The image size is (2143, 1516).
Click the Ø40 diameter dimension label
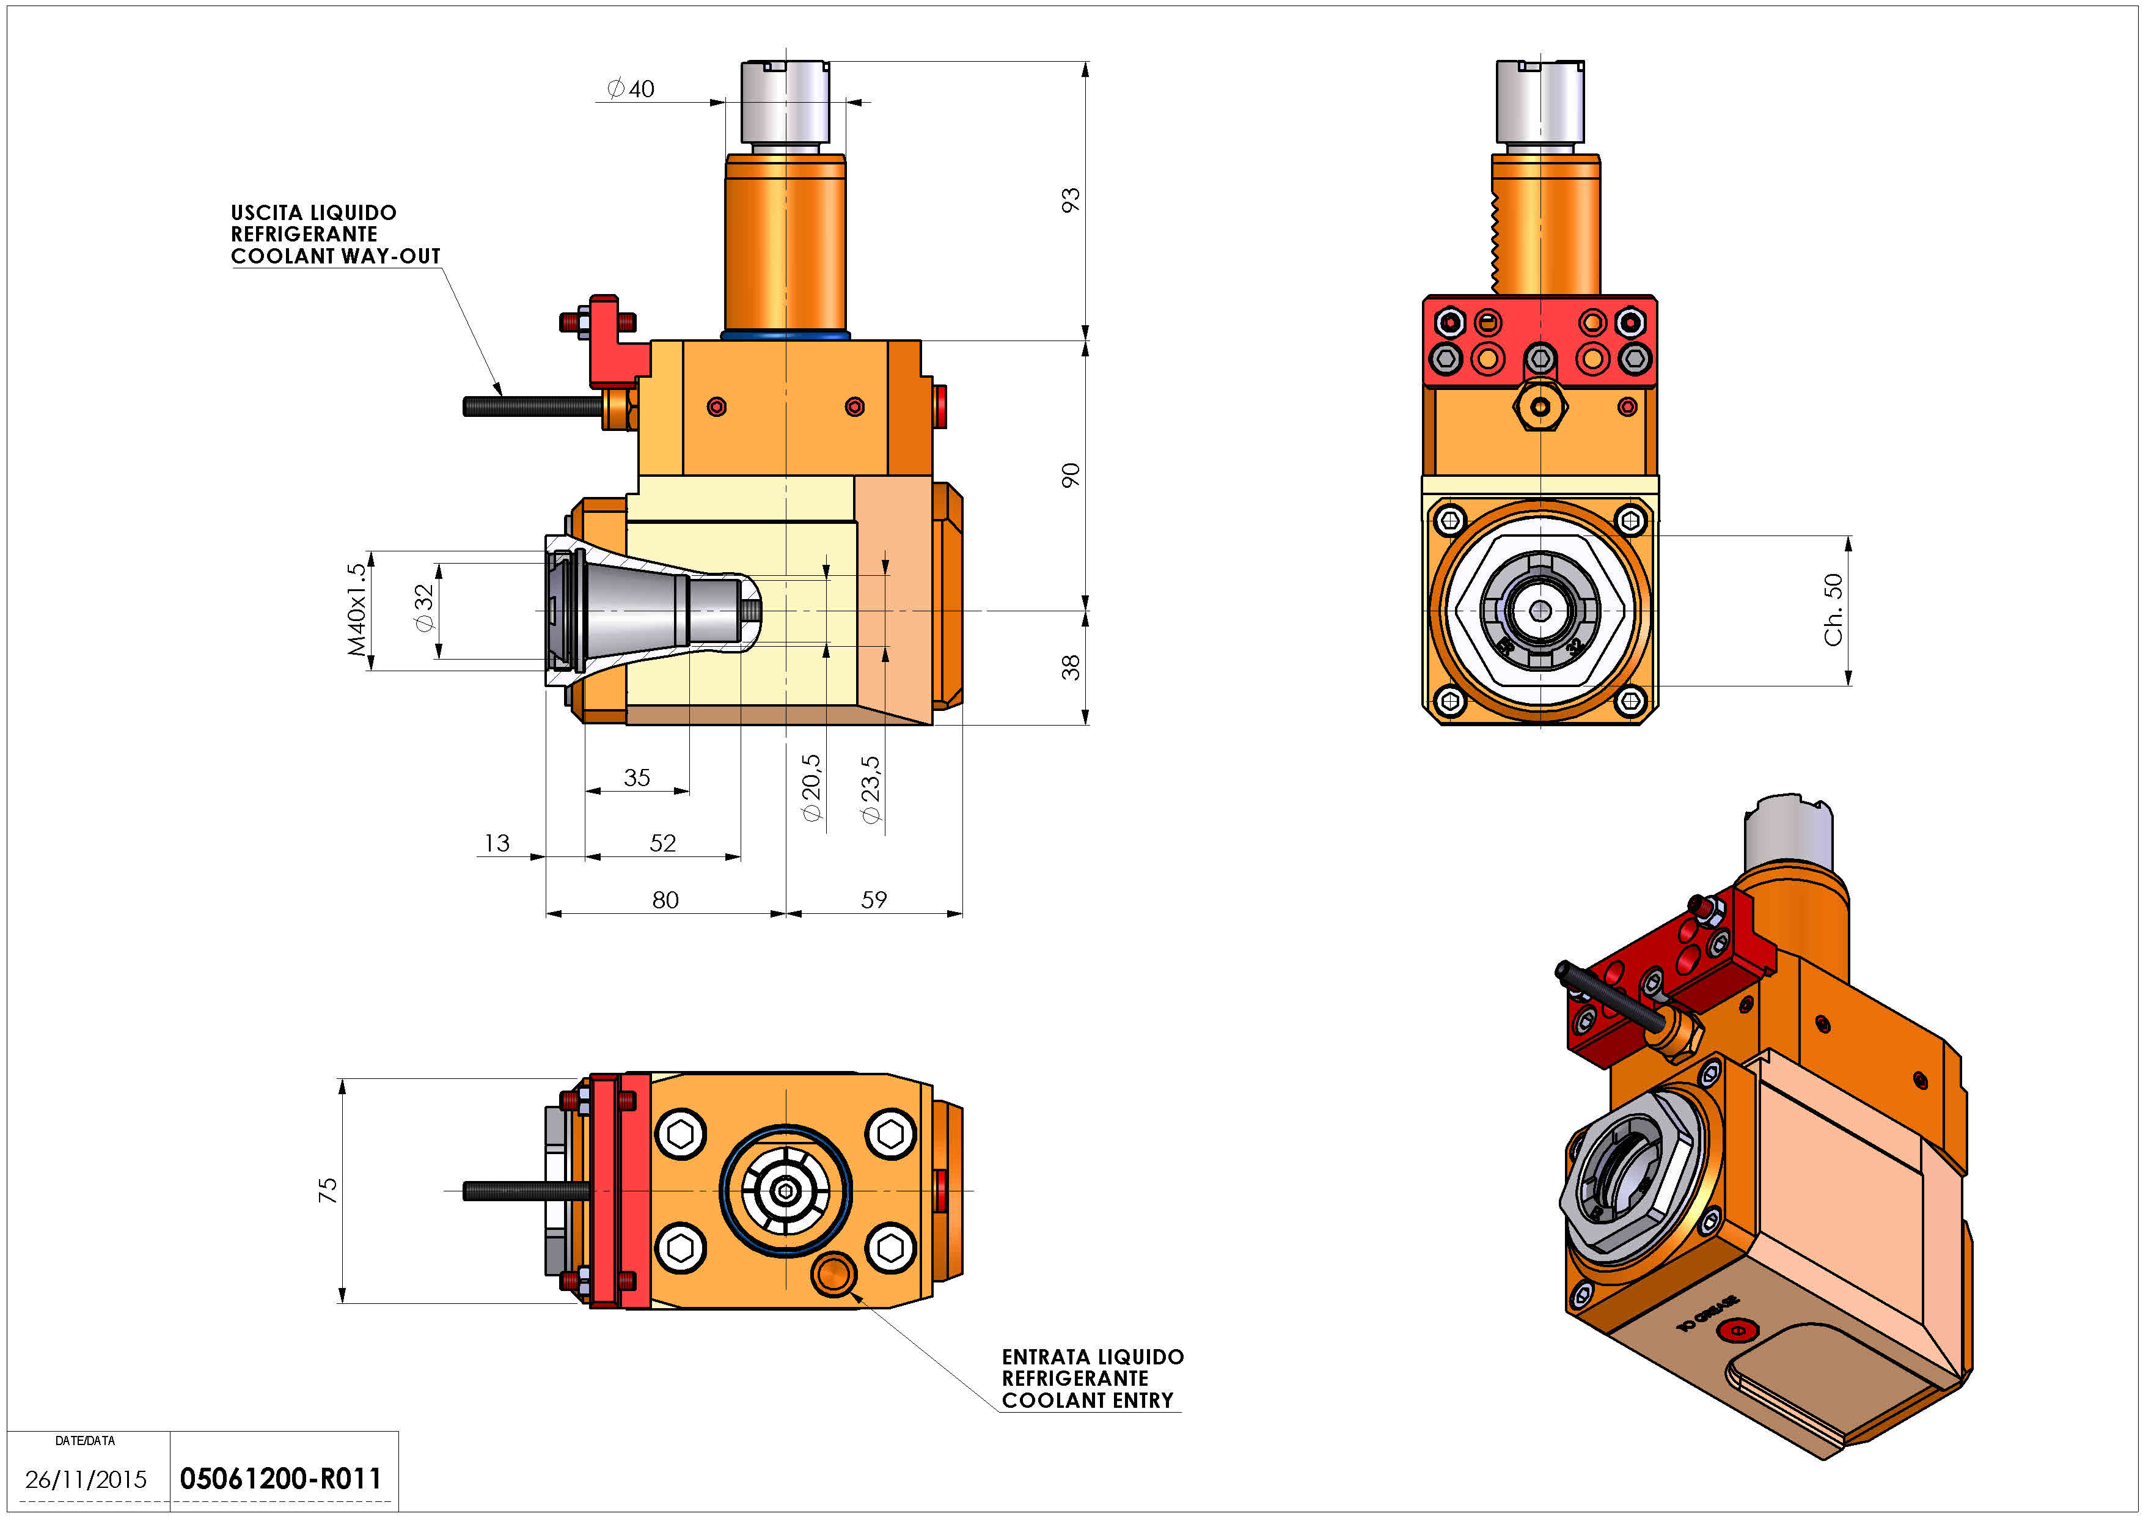click(x=631, y=89)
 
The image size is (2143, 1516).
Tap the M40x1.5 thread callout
click(x=356, y=609)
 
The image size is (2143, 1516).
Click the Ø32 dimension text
click(x=425, y=608)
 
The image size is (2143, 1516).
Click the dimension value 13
click(x=497, y=843)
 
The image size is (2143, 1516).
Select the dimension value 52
click(x=662, y=843)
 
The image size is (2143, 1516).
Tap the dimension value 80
click(x=665, y=900)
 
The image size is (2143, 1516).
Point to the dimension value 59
click(x=874, y=900)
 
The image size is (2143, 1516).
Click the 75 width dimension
click(x=328, y=1190)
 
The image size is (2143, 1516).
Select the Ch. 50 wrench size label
click(x=1834, y=609)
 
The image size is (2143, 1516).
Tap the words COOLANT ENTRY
click(x=1087, y=1400)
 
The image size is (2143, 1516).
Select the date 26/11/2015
click(x=86, y=1479)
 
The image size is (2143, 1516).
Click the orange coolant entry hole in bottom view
click(x=832, y=1274)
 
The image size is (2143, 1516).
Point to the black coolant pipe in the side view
click(x=532, y=406)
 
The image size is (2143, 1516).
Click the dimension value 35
click(x=637, y=777)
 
